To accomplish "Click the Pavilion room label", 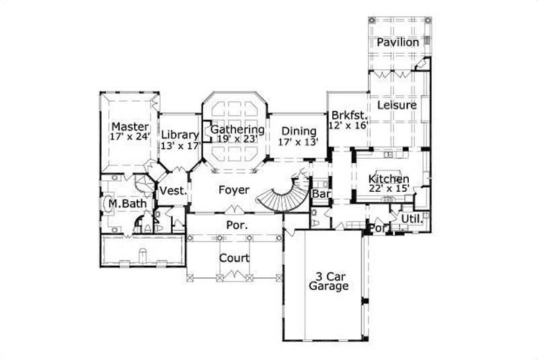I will (x=398, y=42).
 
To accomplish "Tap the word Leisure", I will (x=397, y=105).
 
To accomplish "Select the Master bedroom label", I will (x=130, y=127).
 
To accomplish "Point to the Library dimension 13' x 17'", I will (x=180, y=145).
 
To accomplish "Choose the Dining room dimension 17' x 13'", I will (x=299, y=142).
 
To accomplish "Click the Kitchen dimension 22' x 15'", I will (x=389, y=190).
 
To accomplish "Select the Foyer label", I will (x=234, y=190).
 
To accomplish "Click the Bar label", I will (x=321, y=194).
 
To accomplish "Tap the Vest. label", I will (x=172, y=191).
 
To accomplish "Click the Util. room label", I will (x=410, y=219).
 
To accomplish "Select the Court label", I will (x=235, y=258).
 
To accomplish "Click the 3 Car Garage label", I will (x=328, y=281).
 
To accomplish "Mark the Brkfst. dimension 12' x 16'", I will (x=348, y=125).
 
